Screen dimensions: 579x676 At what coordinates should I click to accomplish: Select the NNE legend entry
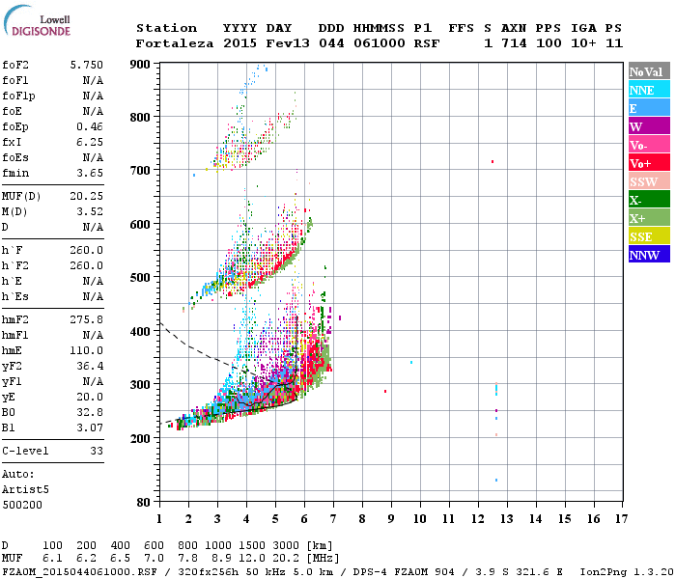click(642, 90)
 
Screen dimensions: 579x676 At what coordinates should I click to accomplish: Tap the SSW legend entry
click(643, 181)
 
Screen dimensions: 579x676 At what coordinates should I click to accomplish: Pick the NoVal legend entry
click(645, 71)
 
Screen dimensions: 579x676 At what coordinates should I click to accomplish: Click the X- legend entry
click(636, 200)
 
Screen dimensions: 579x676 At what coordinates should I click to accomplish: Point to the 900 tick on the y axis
click(140, 64)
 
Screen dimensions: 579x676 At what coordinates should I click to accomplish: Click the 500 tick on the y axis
click(140, 277)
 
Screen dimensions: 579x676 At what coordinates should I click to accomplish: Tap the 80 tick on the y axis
click(143, 502)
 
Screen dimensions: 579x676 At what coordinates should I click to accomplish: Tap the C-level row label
click(25, 451)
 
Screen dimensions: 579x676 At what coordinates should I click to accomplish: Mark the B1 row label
click(9, 427)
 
